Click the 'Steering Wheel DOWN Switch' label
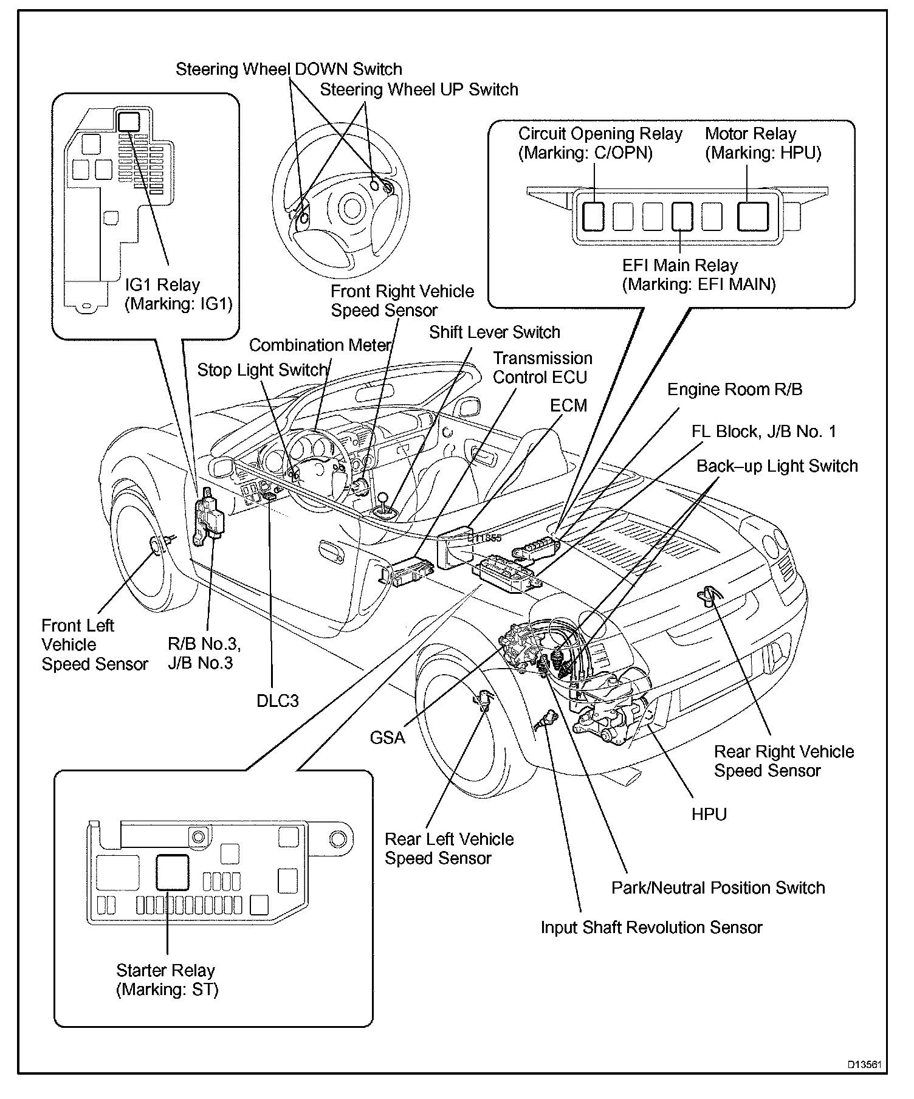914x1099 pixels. [x=289, y=69]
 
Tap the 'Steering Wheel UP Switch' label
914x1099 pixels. [x=419, y=90]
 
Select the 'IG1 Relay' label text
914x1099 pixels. [x=162, y=284]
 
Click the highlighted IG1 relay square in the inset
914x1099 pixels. [x=128, y=122]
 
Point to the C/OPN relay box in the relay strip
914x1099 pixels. [x=593, y=216]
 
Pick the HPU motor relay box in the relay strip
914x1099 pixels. [x=753, y=216]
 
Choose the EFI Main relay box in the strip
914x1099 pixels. [x=682, y=216]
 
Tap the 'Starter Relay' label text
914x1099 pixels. [x=165, y=970]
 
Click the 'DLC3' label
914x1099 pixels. [x=278, y=701]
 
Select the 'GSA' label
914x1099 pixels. [x=387, y=737]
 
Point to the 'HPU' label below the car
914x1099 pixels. [x=709, y=814]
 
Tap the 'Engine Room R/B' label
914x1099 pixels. [x=734, y=390]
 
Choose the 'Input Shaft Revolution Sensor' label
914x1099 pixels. [x=651, y=928]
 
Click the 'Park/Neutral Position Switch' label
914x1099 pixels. [x=718, y=887]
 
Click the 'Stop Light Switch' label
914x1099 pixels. [x=263, y=370]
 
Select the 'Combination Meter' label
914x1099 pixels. [x=320, y=345]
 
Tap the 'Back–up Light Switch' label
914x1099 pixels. [x=777, y=466]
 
